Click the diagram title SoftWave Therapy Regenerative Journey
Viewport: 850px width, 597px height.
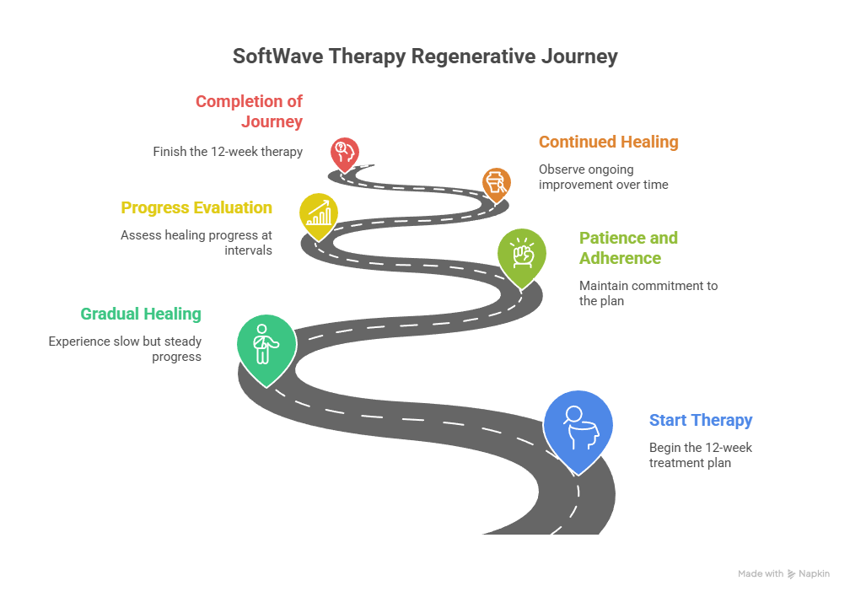pyautogui.click(x=425, y=56)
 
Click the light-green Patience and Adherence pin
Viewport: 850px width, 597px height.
pyautogui.click(x=522, y=255)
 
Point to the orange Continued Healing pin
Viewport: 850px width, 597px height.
pyautogui.click(x=496, y=182)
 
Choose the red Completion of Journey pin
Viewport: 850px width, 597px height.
pyautogui.click(x=344, y=153)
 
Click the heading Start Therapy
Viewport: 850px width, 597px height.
pyautogui.click(x=700, y=420)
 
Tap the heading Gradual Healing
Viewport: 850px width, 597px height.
pyautogui.click(x=141, y=314)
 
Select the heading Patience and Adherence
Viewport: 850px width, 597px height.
pyautogui.click(x=628, y=248)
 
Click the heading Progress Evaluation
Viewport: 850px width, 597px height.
pyautogui.click(x=196, y=207)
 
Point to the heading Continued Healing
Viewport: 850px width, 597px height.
pyautogui.click(x=608, y=142)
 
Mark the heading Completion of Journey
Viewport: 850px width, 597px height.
pyautogui.click(x=250, y=111)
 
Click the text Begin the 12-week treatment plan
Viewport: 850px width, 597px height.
pyautogui.click(x=700, y=455)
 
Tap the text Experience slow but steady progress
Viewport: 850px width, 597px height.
pyautogui.click(x=125, y=349)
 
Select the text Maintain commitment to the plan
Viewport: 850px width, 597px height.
pyautogui.click(x=648, y=293)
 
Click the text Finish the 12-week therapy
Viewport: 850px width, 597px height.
pyautogui.click(x=228, y=152)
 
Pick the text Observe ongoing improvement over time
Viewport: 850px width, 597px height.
pyautogui.click(x=603, y=176)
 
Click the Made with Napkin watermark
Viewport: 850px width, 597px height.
pyautogui.click(x=783, y=573)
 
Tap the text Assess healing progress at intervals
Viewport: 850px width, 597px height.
pyautogui.click(x=196, y=243)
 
